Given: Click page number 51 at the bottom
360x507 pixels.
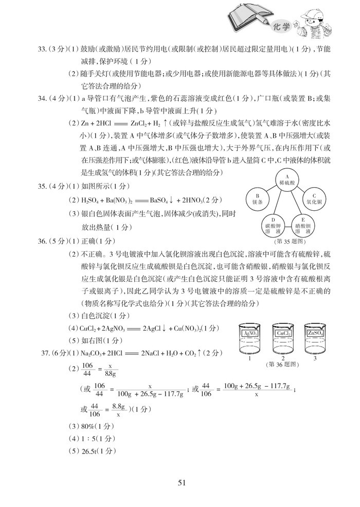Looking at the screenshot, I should (181, 482).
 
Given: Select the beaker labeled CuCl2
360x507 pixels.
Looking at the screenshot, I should (283, 339).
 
